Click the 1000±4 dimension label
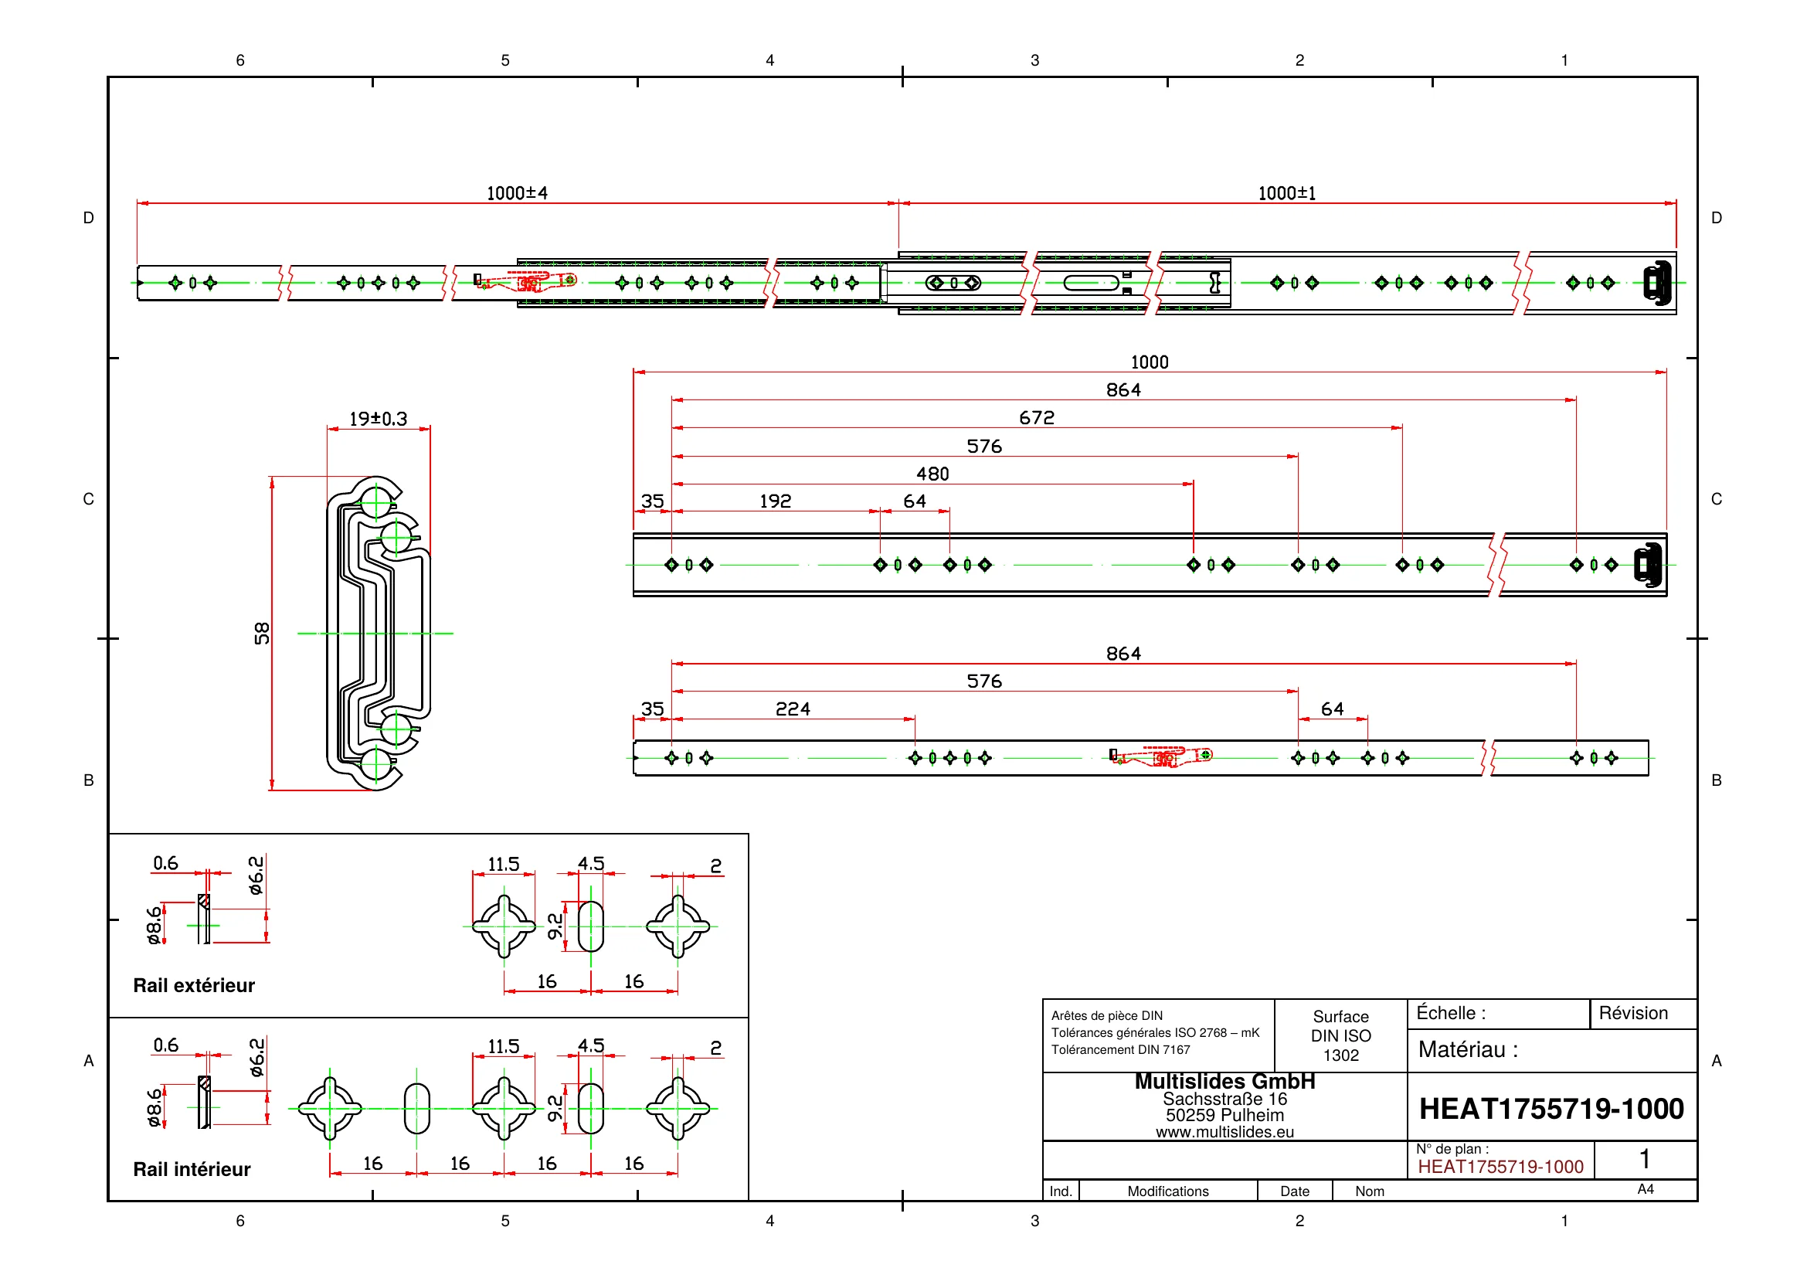point(517,193)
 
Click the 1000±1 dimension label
point(1287,193)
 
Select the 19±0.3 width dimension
point(378,419)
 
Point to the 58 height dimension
point(262,634)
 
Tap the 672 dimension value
point(1037,418)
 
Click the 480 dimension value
point(932,474)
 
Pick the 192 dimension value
point(775,501)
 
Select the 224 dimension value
point(793,709)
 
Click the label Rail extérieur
point(195,985)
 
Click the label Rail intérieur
point(192,1169)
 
